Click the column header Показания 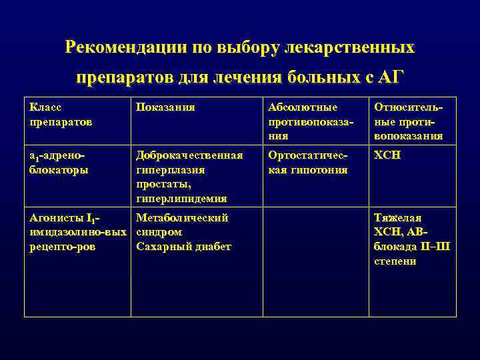(x=165, y=107)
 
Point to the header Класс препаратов (x=61, y=115)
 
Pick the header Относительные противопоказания (x=409, y=121)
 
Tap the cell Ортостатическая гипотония (x=307, y=162)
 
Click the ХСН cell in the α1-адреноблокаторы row (x=387, y=155)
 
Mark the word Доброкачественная (x=189, y=155)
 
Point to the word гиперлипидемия (x=181, y=199)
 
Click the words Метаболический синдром (x=181, y=225)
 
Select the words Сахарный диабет (x=183, y=247)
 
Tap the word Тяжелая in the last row (x=397, y=217)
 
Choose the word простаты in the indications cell (x=163, y=184)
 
